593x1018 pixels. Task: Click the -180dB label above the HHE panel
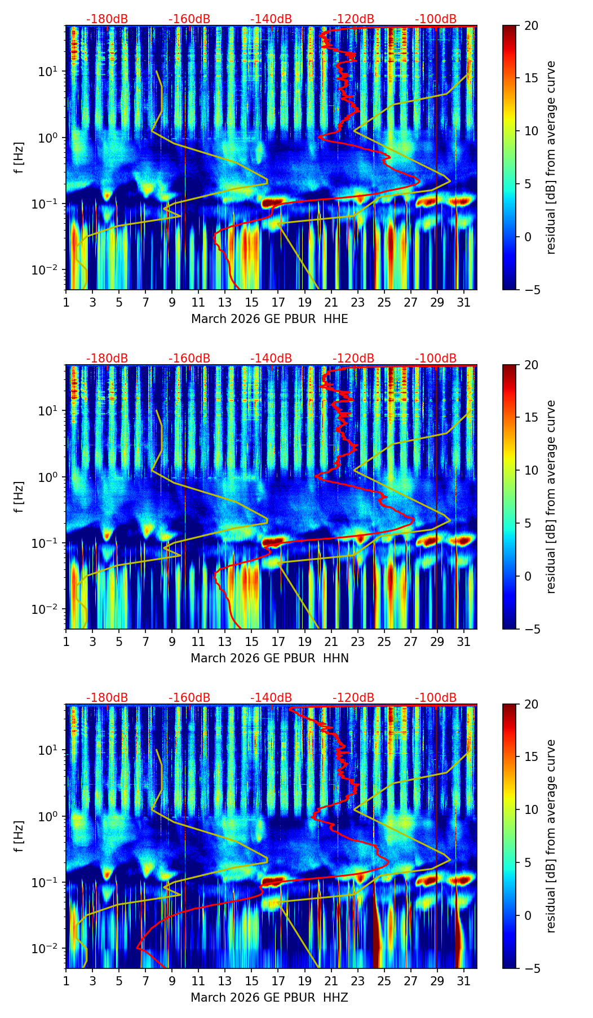click(107, 19)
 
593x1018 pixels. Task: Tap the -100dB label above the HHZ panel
click(436, 698)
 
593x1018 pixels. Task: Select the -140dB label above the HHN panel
click(271, 358)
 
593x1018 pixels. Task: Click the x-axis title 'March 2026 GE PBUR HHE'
click(269, 319)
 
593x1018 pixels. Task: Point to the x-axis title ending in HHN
click(269, 658)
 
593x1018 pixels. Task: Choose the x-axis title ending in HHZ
click(269, 998)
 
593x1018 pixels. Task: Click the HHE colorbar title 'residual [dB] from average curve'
click(551, 157)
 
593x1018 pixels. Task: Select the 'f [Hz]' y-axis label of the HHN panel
click(19, 497)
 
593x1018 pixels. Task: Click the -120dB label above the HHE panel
click(353, 19)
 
